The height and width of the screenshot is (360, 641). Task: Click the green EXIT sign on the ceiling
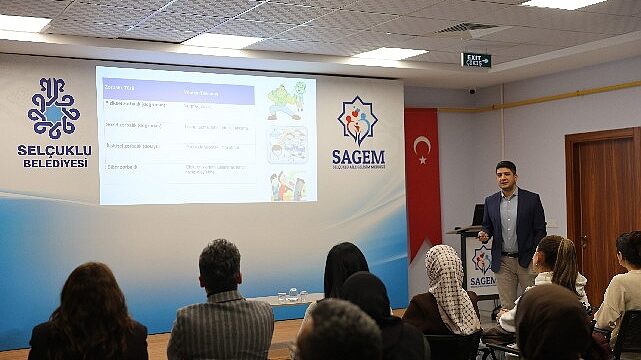(x=476, y=60)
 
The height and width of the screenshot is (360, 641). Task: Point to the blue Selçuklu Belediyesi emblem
(x=53, y=107)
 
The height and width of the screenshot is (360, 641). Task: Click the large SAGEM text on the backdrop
(x=358, y=157)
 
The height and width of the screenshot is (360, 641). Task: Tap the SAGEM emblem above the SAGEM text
(x=358, y=121)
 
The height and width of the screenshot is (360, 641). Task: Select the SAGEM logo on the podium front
(x=482, y=262)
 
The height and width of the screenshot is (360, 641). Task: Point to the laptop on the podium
(x=479, y=214)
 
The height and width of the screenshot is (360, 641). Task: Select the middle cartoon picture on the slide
(x=286, y=145)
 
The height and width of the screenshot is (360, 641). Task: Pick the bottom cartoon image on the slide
(x=286, y=186)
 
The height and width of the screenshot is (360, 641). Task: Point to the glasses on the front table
(x=290, y=296)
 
